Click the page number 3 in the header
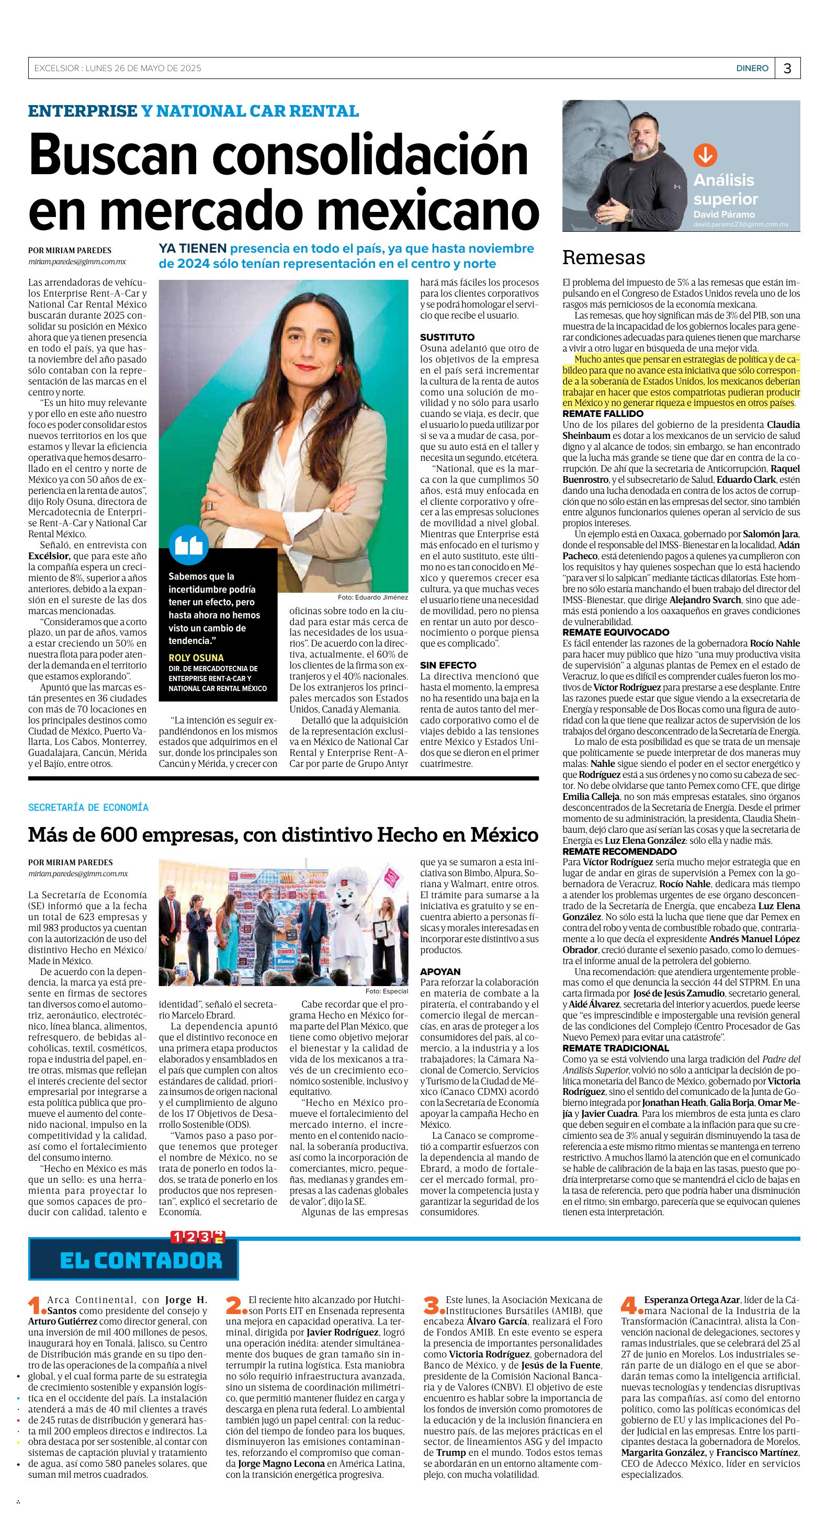[787, 69]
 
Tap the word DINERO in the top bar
[752, 69]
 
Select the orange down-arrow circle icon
[705, 155]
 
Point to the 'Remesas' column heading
[603, 257]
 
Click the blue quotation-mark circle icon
[189, 545]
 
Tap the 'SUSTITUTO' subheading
[447, 337]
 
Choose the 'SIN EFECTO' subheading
[448, 665]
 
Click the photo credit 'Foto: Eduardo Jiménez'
[372, 597]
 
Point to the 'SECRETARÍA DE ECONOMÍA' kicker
[88, 808]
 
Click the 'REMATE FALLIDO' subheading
[603, 413]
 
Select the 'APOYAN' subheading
[440, 972]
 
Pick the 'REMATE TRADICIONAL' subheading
[615, 1048]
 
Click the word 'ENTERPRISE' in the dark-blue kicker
[83, 111]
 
